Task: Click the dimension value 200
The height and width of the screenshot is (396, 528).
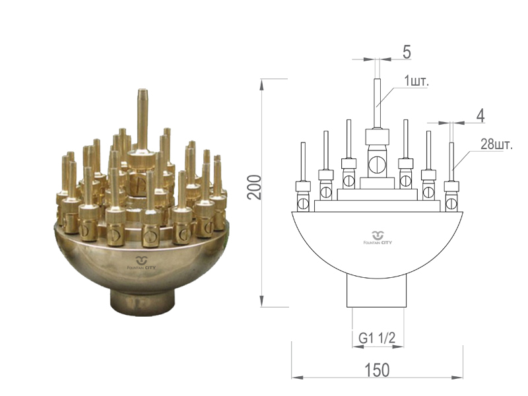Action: tap(255, 187)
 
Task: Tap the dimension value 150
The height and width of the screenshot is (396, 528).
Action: tap(377, 370)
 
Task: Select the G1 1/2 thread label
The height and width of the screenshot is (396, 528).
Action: tap(377, 337)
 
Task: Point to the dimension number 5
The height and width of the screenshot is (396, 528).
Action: tap(407, 53)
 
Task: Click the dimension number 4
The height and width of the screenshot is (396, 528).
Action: tap(480, 116)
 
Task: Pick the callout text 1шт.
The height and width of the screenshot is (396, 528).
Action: tap(416, 81)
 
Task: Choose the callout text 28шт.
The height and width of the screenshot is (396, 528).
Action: tap(496, 145)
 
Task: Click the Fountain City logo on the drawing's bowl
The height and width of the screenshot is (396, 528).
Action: tap(377, 238)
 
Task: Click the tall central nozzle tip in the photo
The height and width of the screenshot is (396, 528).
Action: tap(143, 91)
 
